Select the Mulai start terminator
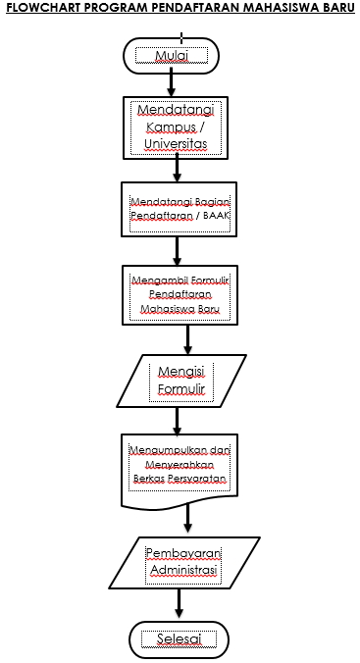click(171, 56)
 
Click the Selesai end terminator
click(178, 639)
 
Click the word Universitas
click(178, 145)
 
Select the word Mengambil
click(152, 279)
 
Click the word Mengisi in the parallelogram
click(178, 372)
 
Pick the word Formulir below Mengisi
click(178, 390)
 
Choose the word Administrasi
click(182, 568)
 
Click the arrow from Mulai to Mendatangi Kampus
click(171, 84)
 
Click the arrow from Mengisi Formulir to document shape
click(178, 420)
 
